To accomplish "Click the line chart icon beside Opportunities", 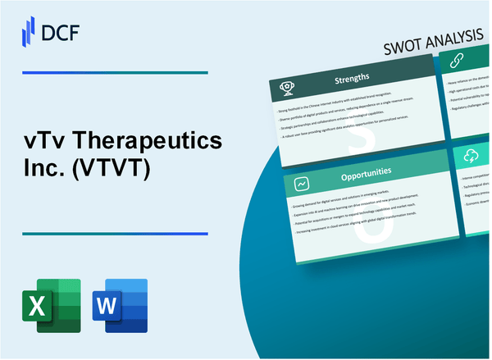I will point(301,183).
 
